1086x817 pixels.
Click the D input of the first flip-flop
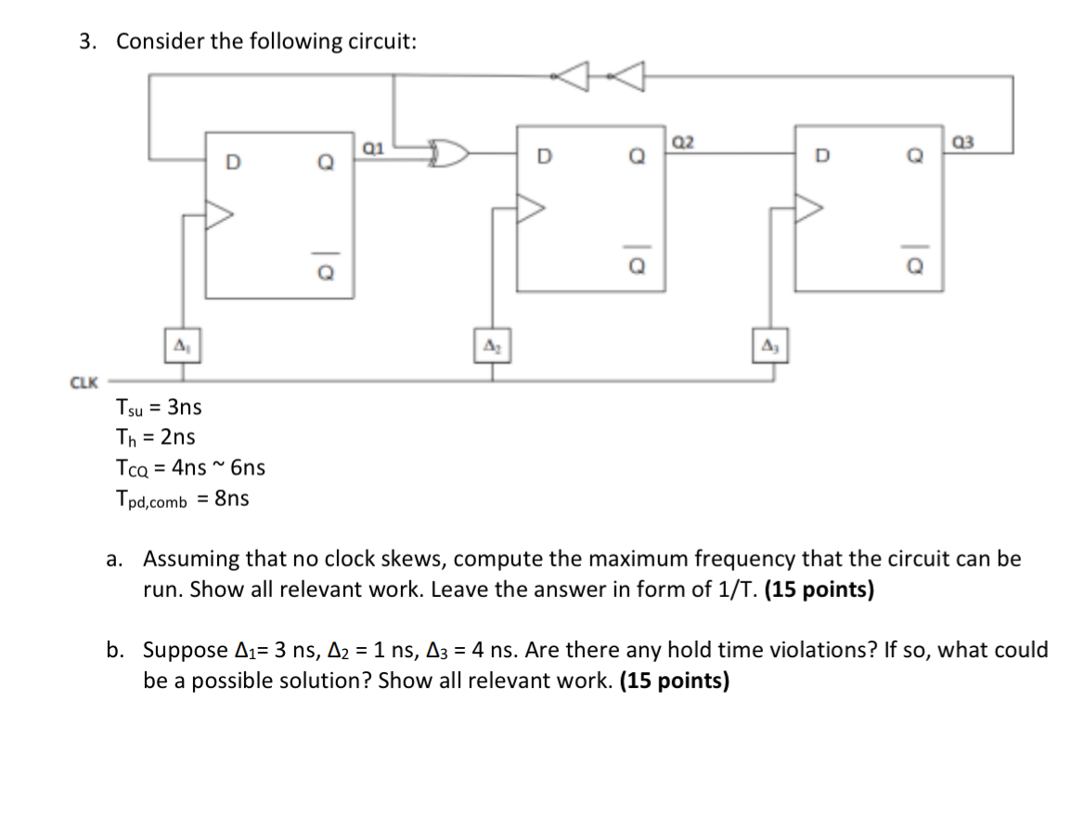pyautogui.click(x=232, y=163)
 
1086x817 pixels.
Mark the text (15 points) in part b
pyautogui.click(x=674, y=681)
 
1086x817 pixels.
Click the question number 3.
pyautogui.click(x=87, y=42)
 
